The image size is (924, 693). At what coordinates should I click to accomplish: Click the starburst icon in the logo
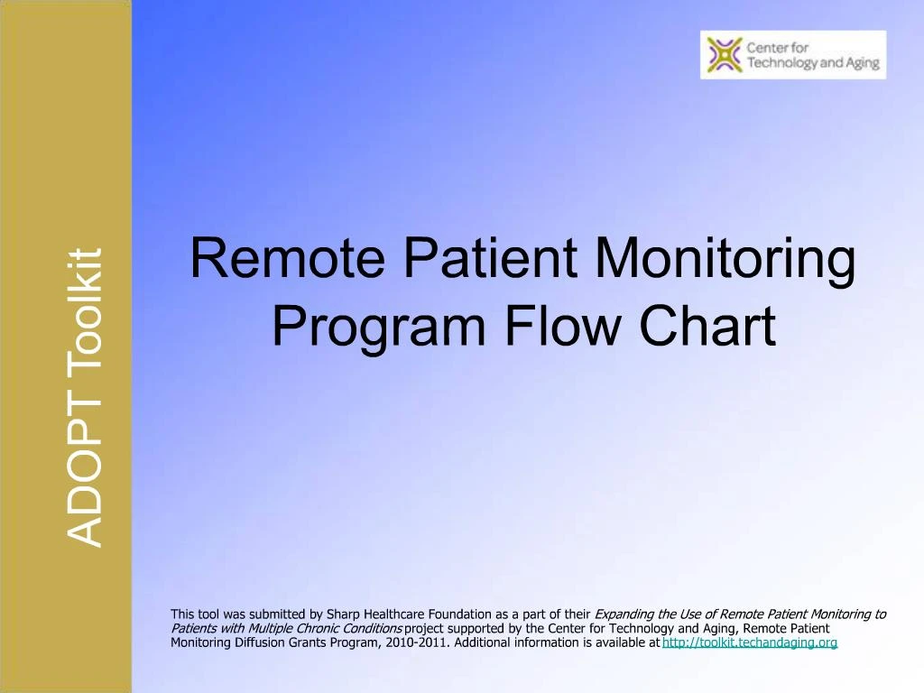(x=724, y=54)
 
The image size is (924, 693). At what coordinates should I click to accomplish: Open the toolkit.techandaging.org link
(x=750, y=643)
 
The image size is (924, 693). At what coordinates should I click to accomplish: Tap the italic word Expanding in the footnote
(x=624, y=614)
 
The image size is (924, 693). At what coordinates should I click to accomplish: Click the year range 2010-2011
(x=423, y=643)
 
